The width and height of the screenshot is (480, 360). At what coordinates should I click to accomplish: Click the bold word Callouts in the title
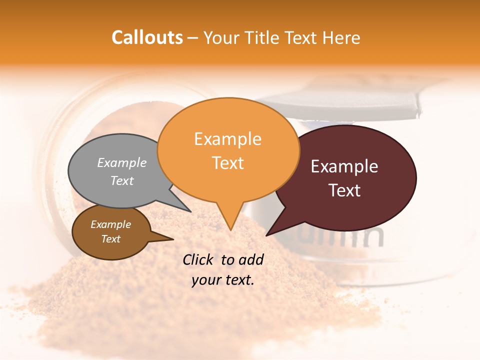147,37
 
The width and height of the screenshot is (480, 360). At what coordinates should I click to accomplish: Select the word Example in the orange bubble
227,139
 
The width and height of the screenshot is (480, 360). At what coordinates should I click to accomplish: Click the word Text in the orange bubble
228,163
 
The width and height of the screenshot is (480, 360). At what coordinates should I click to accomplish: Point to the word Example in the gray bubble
122,162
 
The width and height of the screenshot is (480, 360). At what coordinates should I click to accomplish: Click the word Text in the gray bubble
122,180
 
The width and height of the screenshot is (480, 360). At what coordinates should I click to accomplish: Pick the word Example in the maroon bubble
344,166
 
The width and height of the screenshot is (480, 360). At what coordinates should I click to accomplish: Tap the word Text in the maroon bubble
345,190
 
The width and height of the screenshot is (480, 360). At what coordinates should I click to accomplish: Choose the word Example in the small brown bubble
110,224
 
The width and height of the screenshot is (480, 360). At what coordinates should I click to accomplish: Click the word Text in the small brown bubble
110,239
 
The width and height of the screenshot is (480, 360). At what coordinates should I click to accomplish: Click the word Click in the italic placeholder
200,259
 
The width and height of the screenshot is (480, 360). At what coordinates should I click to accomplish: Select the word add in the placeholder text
251,259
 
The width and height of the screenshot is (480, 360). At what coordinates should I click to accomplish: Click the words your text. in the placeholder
223,280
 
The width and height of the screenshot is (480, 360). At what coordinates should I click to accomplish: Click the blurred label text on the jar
350,237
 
